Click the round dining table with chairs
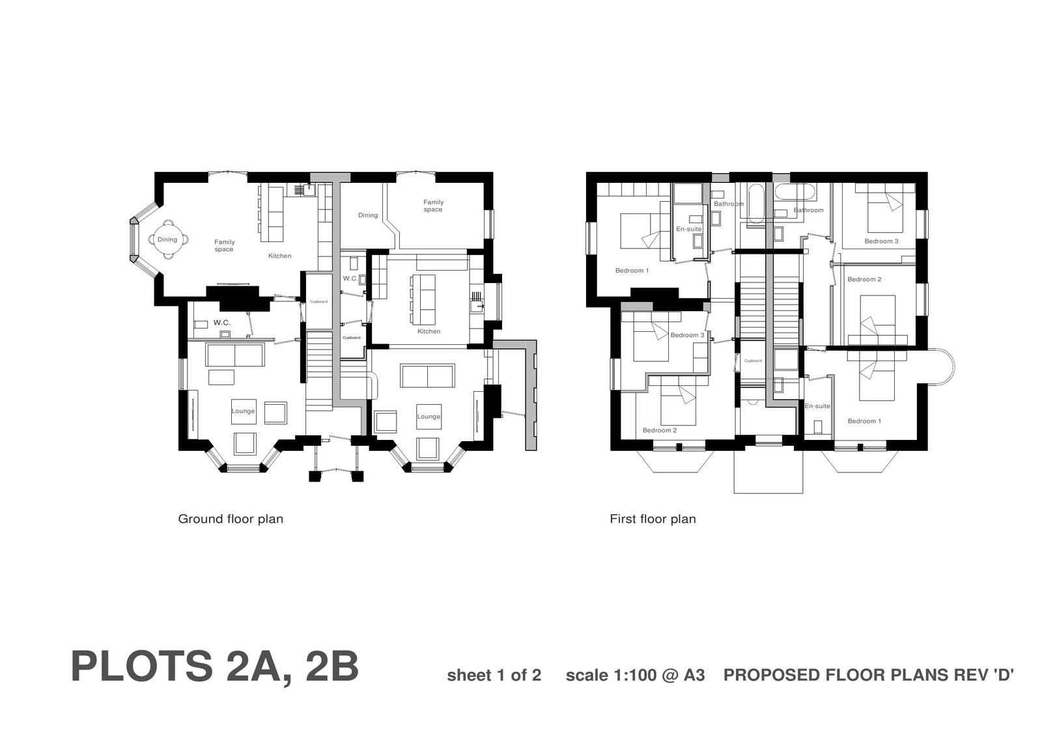(167, 239)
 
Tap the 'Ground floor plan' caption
(231, 519)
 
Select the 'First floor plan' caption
(653, 519)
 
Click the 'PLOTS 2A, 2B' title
(214, 666)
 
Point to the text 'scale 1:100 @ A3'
(635, 675)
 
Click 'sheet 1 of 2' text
(494, 675)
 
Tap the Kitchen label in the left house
(279, 256)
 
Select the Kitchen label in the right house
(429, 331)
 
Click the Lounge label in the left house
(243, 411)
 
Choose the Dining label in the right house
(368, 215)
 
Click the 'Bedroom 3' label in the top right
(881, 241)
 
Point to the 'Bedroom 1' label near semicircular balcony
(864, 421)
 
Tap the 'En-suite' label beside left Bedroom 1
(688, 229)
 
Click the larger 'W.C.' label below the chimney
(221, 323)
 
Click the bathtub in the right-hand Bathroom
(794, 193)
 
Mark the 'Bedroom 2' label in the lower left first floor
(659, 430)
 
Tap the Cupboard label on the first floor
(753, 361)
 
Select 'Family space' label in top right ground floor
(433, 206)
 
